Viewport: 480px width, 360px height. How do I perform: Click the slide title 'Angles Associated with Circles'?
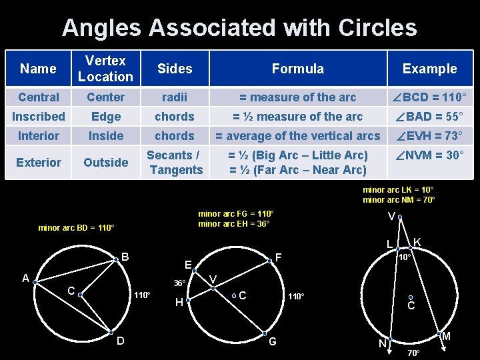click(239, 27)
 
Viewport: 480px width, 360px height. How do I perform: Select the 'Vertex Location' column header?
click(105, 69)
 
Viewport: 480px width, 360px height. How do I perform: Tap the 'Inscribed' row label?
click(39, 117)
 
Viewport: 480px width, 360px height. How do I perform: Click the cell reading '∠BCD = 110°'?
click(429, 97)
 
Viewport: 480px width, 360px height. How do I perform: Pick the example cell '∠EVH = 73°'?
click(429, 136)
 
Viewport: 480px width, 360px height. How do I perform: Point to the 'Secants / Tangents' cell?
click(175, 163)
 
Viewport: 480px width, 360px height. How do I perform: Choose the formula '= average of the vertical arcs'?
click(297, 136)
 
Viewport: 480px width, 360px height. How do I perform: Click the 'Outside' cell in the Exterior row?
click(105, 163)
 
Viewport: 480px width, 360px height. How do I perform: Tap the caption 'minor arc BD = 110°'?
click(76, 228)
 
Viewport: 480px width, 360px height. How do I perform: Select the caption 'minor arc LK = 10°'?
click(399, 190)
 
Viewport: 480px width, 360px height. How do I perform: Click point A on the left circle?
click(35, 281)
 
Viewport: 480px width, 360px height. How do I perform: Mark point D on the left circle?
click(111, 332)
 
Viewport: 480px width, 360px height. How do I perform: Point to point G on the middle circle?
click(264, 333)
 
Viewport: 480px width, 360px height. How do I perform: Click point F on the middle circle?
click(270, 261)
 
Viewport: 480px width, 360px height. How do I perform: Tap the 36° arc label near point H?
click(179, 283)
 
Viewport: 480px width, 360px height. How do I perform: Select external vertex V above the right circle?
click(400, 217)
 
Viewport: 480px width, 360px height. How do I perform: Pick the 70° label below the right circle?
click(413, 352)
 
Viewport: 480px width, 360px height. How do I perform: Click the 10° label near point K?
click(405, 257)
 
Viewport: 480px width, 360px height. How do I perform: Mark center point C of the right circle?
click(411, 297)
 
